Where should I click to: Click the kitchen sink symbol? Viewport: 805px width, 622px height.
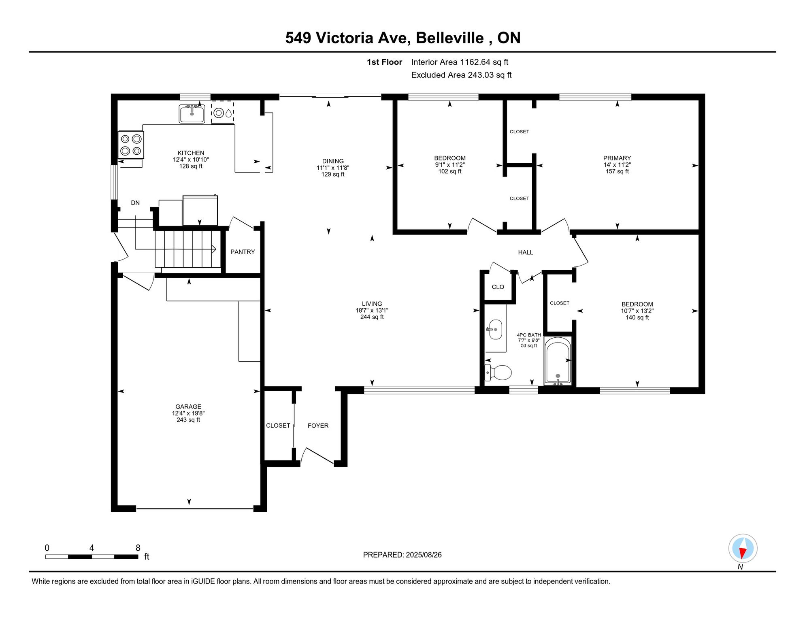click(x=192, y=113)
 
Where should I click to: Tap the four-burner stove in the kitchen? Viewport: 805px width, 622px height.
click(x=131, y=145)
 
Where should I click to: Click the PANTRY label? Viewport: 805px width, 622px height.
click(x=243, y=252)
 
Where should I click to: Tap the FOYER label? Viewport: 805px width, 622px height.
click(x=318, y=426)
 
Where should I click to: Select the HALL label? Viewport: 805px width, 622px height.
click(x=526, y=252)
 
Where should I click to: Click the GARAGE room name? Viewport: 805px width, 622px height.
click(x=188, y=407)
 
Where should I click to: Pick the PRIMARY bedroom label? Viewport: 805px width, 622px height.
click(x=617, y=158)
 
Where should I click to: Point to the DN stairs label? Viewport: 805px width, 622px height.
click(x=135, y=203)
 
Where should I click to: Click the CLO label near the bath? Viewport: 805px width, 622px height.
click(x=498, y=287)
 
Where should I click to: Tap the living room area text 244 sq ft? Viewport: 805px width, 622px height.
click(x=372, y=317)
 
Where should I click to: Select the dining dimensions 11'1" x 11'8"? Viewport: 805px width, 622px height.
click(x=333, y=168)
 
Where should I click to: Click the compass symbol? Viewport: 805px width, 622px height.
click(x=743, y=549)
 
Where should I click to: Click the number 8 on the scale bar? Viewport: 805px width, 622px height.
click(x=138, y=548)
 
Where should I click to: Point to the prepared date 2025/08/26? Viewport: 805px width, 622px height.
click(x=424, y=555)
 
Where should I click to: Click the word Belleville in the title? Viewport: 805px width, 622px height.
click(x=450, y=38)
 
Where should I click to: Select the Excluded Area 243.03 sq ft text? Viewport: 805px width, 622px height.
click(x=461, y=75)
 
